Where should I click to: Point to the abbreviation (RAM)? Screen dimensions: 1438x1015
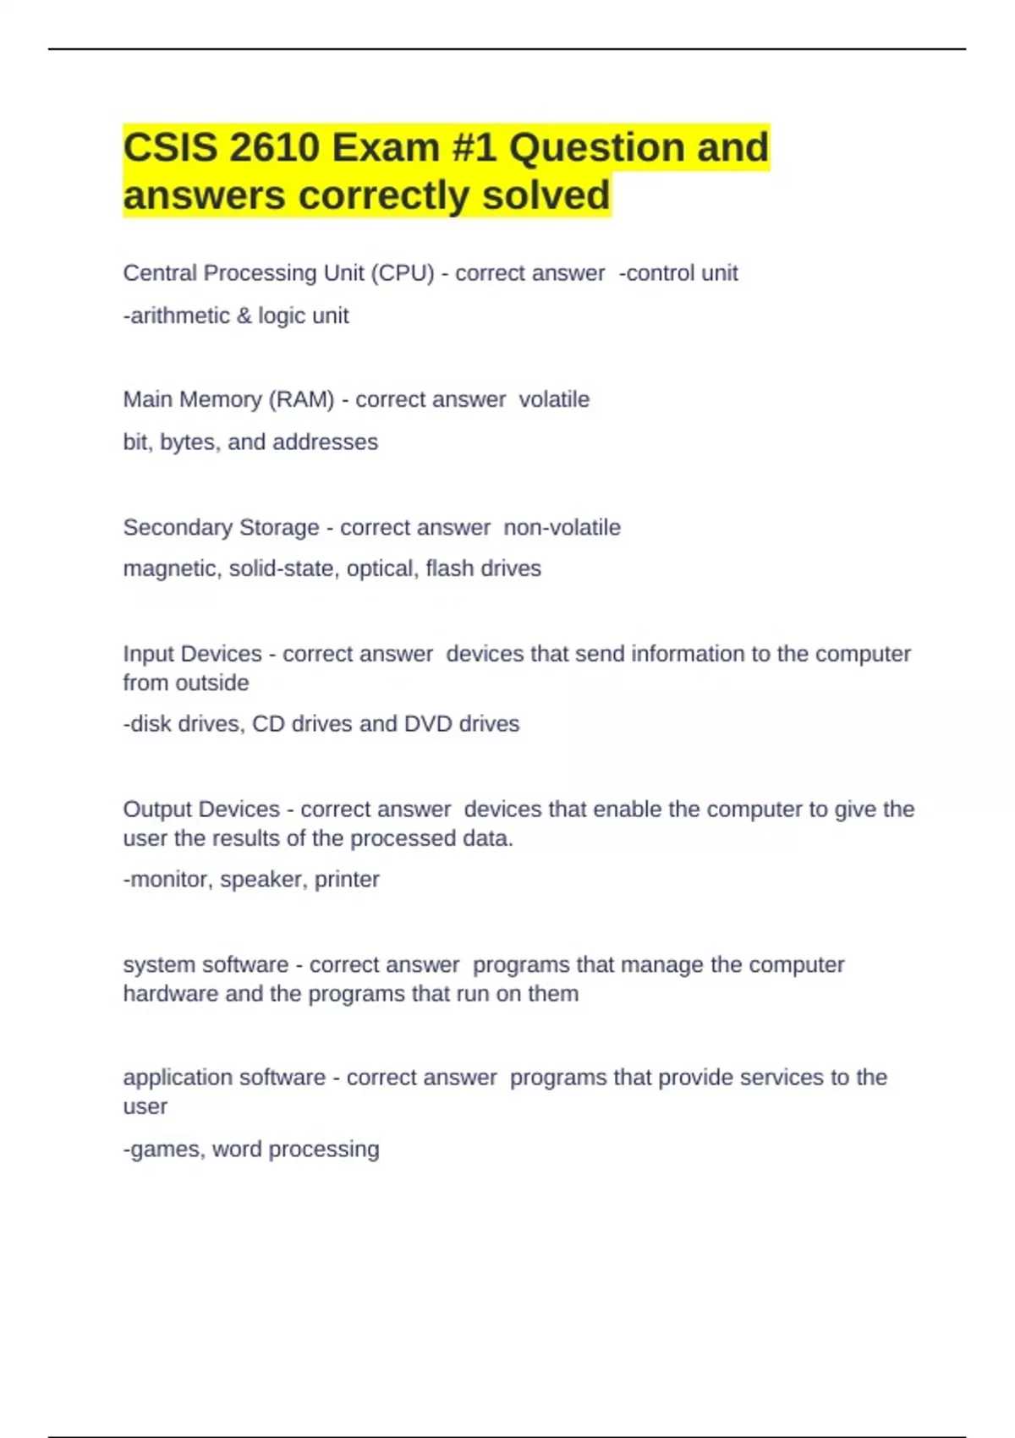tap(301, 399)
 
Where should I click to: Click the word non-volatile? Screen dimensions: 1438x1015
tap(562, 527)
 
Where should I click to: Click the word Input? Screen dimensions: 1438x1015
tap(149, 654)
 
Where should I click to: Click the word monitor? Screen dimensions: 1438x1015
tap(168, 880)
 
